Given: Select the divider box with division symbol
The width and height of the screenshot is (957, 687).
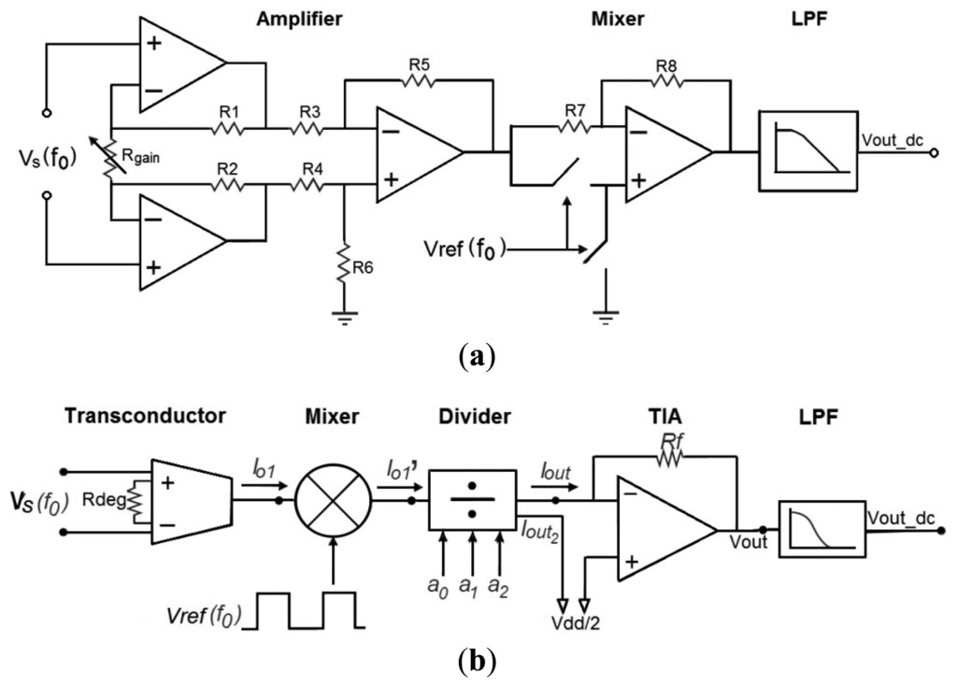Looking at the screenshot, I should tap(472, 500).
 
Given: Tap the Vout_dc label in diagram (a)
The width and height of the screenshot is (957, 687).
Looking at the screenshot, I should tap(895, 140).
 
